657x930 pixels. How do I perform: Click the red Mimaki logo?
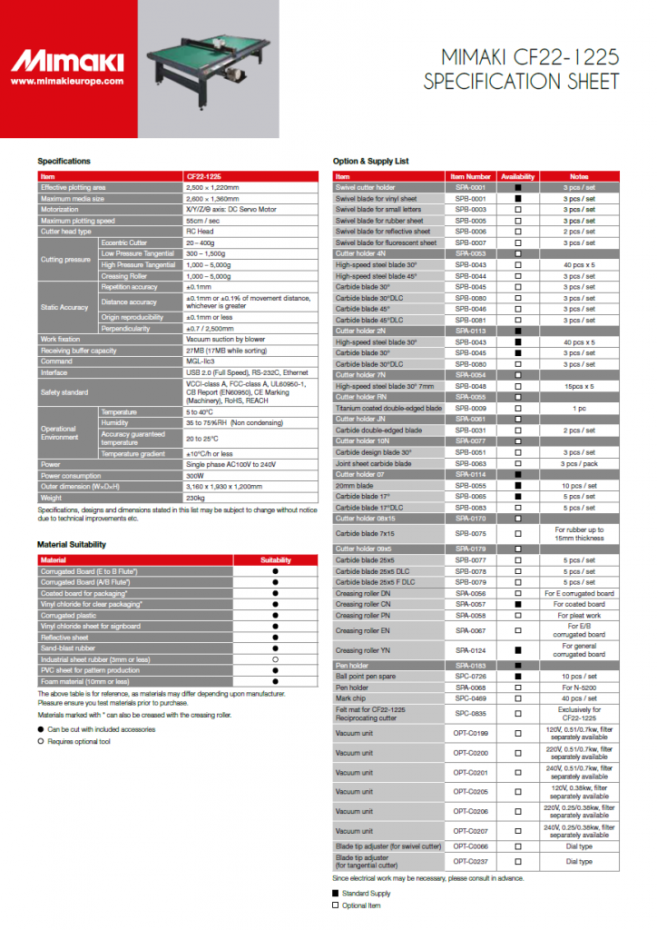67,62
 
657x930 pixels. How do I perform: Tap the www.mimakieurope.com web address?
67,81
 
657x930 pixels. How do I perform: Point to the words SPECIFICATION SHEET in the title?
521,82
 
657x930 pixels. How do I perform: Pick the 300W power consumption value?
194,476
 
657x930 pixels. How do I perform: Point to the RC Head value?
198,232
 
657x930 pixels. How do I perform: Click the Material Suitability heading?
78,544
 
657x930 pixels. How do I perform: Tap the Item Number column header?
471,176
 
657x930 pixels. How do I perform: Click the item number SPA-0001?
471,187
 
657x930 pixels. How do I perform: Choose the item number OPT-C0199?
471,733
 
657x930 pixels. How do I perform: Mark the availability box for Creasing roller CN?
518,604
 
